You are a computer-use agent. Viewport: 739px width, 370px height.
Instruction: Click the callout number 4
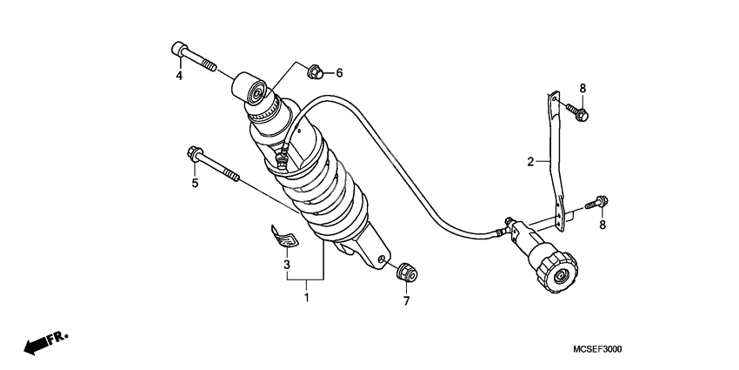pyautogui.click(x=179, y=76)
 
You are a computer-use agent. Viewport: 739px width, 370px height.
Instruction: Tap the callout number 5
pyautogui.click(x=195, y=183)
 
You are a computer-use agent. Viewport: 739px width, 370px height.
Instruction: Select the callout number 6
pyautogui.click(x=339, y=72)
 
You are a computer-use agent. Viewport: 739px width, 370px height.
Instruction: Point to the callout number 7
pyautogui.click(x=406, y=300)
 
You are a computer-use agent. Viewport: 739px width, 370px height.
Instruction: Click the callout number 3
pyautogui.click(x=286, y=265)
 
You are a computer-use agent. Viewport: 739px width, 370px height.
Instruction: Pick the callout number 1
pyautogui.click(x=306, y=298)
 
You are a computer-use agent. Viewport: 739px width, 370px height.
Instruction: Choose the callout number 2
pyautogui.click(x=530, y=162)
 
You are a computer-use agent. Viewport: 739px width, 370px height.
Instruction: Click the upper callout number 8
pyautogui.click(x=583, y=88)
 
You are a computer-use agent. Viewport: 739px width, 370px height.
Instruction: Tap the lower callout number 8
pyautogui.click(x=602, y=225)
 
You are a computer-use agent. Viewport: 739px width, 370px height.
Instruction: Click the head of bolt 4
pyautogui.click(x=179, y=50)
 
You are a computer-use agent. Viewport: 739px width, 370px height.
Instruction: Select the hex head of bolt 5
pyautogui.click(x=195, y=153)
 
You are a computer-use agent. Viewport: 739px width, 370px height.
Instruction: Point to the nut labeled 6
pyautogui.click(x=315, y=72)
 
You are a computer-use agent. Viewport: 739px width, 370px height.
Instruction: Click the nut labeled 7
pyautogui.click(x=407, y=272)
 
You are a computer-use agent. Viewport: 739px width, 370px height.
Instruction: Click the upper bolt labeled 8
pyautogui.click(x=577, y=111)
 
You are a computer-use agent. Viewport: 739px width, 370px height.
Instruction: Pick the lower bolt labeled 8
pyautogui.click(x=596, y=203)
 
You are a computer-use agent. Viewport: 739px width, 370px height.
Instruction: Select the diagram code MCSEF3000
pyautogui.click(x=597, y=349)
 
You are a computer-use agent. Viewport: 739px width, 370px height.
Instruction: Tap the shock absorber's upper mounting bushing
pyautogui.click(x=250, y=88)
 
